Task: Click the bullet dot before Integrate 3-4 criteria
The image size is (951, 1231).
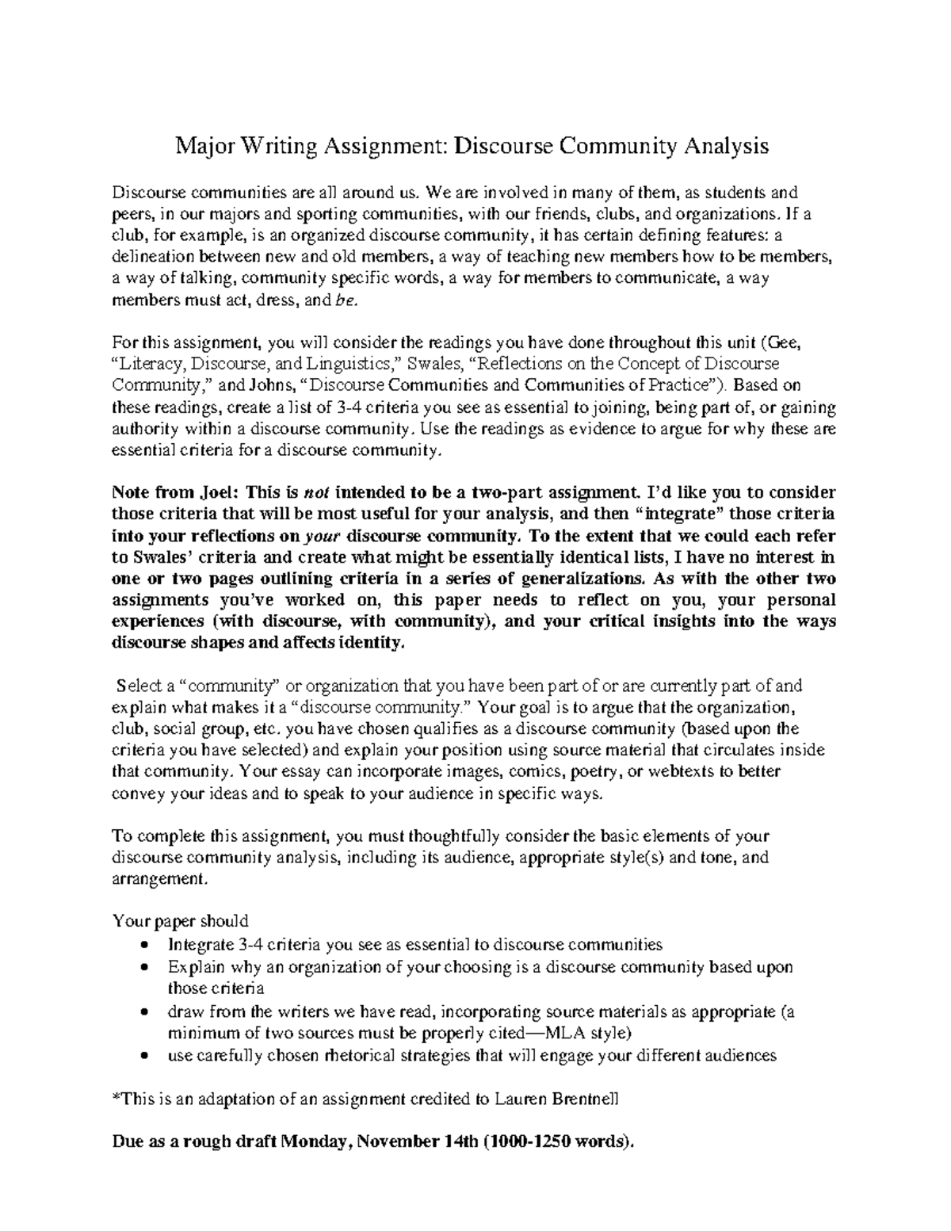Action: (x=143, y=946)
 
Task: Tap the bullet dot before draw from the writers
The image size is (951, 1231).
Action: (x=143, y=1012)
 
